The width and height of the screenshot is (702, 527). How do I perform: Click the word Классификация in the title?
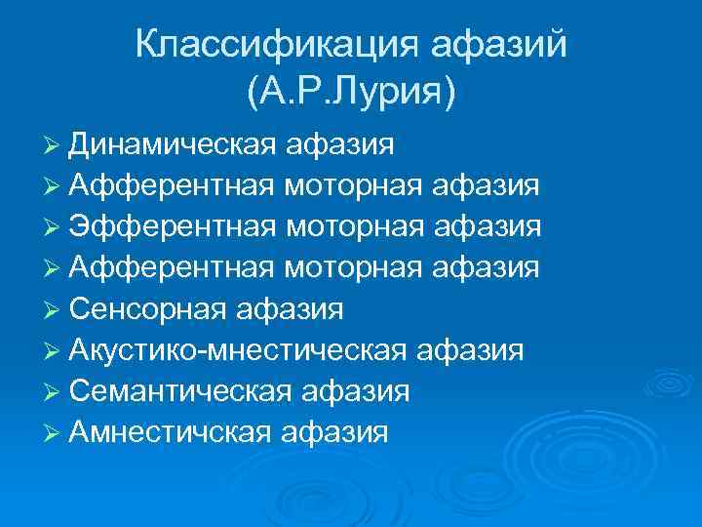pyautogui.click(x=264, y=44)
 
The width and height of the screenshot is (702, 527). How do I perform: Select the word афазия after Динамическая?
pyautogui.click(x=341, y=145)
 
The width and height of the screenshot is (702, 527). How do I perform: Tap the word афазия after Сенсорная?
pyautogui.click(x=288, y=309)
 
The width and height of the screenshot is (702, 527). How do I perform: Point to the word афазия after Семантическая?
pyautogui.click(x=354, y=391)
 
